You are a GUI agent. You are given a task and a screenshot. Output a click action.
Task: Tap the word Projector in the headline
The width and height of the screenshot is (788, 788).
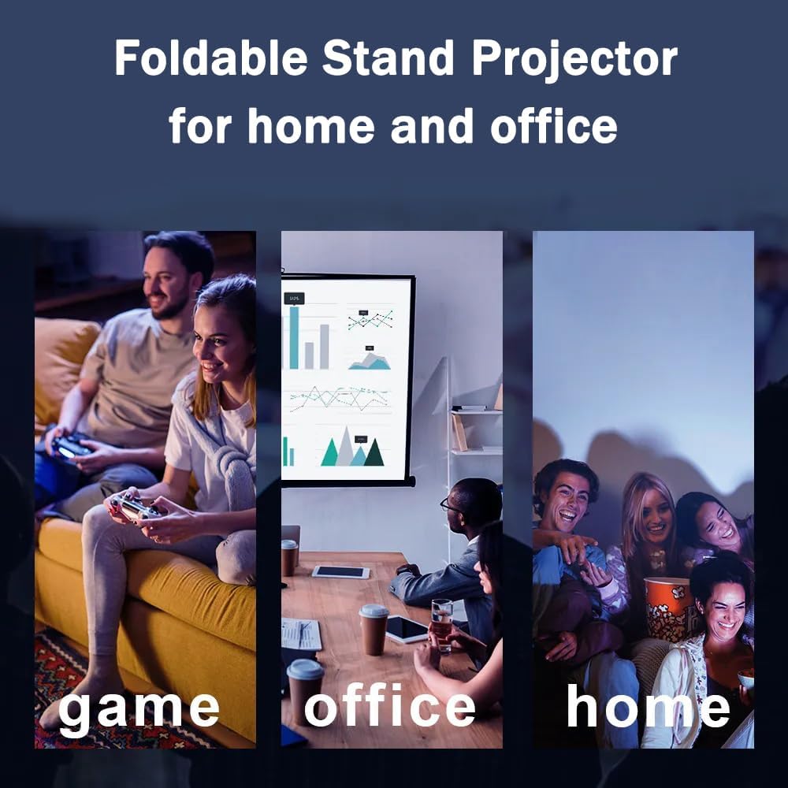click(x=574, y=61)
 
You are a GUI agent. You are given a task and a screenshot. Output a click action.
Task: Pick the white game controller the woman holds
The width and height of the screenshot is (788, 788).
click(x=135, y=507)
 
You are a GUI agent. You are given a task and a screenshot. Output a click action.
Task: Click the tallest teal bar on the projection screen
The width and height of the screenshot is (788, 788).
click(x=294, y=337)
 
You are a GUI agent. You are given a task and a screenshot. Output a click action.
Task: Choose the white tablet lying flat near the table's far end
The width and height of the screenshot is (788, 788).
click(x=340, y=571)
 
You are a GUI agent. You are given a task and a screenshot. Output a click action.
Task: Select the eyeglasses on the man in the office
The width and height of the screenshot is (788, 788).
click(x=450, y=505)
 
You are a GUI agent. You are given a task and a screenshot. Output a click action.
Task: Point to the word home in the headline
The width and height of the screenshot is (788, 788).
click(x=311, y=126)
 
